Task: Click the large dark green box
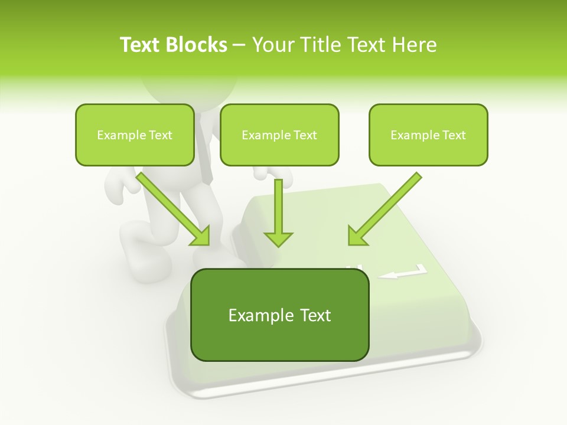tap(279, 339)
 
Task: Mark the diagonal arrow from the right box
tap(384, 210)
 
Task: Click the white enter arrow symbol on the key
tap(403, 273)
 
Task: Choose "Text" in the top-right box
tap(454, 135)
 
